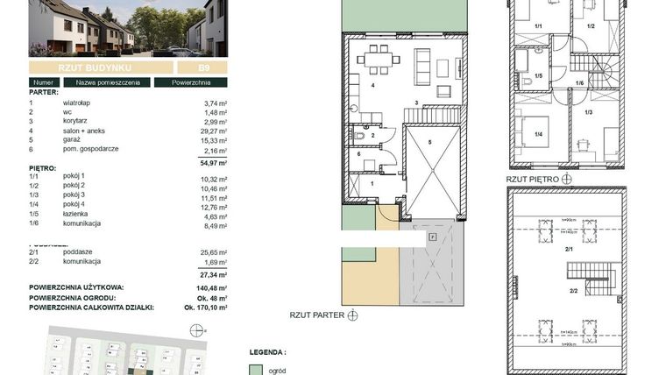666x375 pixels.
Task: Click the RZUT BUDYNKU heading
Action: click(96, 67)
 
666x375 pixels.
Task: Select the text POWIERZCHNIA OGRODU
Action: click(75, 297)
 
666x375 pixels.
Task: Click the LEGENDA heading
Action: click(267, 352)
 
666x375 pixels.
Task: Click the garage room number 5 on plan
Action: click(429, 141)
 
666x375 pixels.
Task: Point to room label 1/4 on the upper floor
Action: click(537, 134)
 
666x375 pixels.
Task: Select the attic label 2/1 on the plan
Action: click(568, 250)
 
